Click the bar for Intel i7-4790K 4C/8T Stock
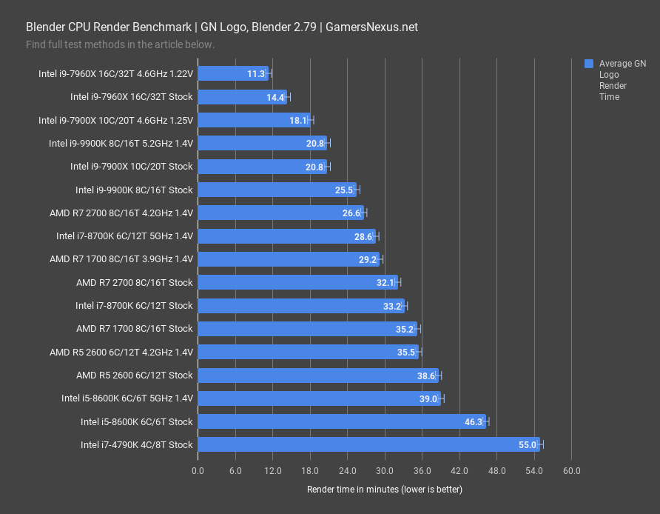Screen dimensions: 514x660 [x=368, y=444]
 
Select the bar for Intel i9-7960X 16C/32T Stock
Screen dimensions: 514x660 [x=243, y=97]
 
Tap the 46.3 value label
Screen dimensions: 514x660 [x=474, y=421]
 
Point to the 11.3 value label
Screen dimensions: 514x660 [x=257, y=73]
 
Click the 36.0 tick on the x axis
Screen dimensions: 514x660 [x=422, y=471]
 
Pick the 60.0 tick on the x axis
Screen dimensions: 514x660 [x=571, y=471]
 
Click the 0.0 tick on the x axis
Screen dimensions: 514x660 [x=198, y=471]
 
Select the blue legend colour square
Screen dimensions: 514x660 [x=588, y=64]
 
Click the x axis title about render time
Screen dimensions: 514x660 [x=384, y=490]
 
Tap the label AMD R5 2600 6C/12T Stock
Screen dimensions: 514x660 [x=135, y=375]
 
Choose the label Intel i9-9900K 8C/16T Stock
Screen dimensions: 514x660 [x=134, y=190]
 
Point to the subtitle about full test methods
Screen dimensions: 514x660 [x=120, y=44]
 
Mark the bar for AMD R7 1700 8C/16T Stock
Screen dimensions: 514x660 [x=308, y=329]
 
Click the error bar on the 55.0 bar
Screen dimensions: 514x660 [x=542, y=444]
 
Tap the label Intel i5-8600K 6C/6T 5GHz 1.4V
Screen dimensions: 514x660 [x=127, y=398]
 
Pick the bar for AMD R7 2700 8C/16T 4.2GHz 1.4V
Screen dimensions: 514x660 [x=280, y=213]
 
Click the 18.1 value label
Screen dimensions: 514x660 [x=298, y=120]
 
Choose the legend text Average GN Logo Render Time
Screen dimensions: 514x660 [x=622, y=80]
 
